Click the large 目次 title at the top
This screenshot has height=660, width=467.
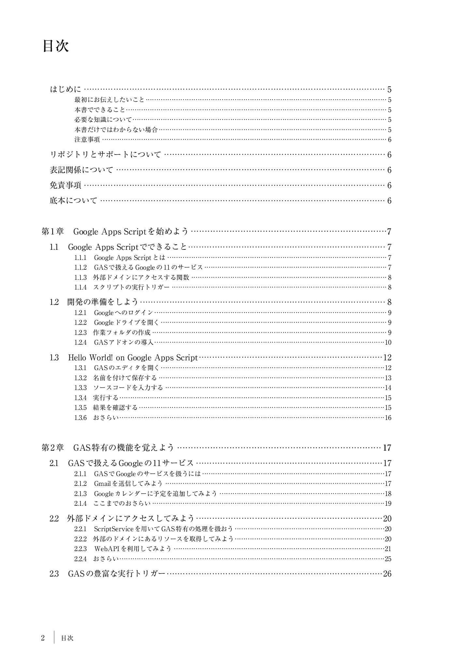(x=56, y=46)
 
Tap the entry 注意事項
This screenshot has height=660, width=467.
(x=87, y=140)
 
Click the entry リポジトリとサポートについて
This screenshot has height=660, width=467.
(x=105, y=155)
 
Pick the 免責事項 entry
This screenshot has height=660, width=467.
(x=65, y=185)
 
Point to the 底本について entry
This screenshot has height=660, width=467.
(x=73, y=201)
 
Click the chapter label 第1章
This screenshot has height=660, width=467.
(x=52, y=232)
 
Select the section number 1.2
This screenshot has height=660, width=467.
(x=54, y=302)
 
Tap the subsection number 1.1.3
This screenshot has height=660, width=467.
(x=80, y=277)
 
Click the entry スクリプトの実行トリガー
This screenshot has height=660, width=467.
(x=131, y=287)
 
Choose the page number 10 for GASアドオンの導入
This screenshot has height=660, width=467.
(x=388, y=342)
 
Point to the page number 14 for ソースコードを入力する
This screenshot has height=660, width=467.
(x=388, y=388)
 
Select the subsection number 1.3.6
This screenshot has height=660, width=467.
(x=80, y=418)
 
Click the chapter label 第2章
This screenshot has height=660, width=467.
(x=52, y=448)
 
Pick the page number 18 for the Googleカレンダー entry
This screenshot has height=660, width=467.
(x=388, y=493)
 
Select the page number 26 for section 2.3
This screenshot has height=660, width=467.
(x=387, y=574)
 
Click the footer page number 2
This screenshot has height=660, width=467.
(x=43, y=638)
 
